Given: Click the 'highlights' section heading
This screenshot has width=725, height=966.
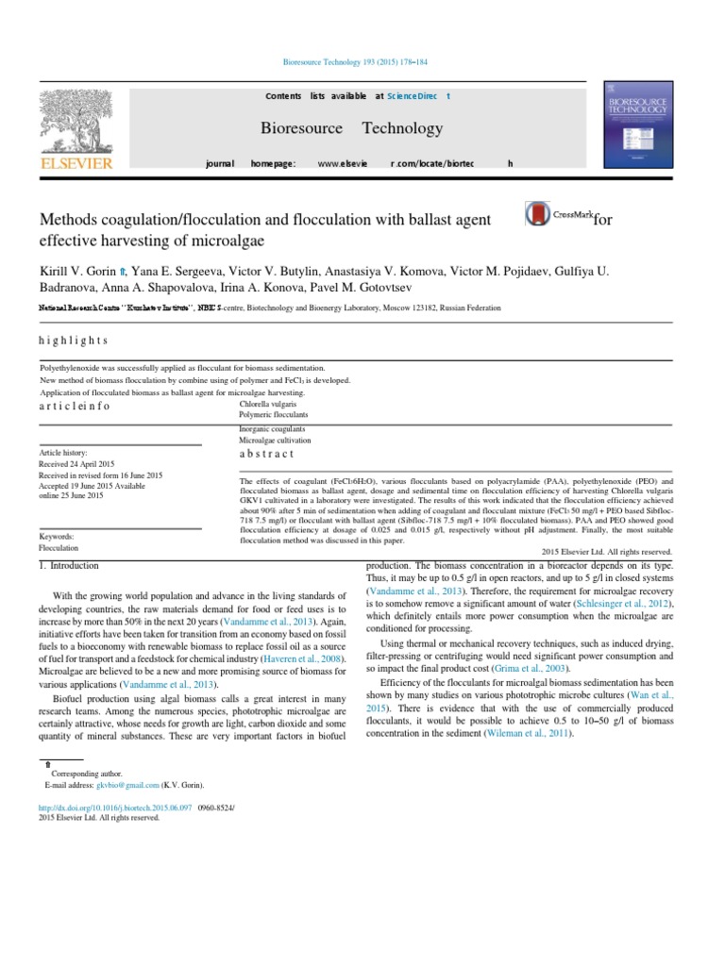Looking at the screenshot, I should pos(73,341).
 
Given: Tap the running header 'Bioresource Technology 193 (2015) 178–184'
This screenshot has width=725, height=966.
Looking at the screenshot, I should pos(363,60).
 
